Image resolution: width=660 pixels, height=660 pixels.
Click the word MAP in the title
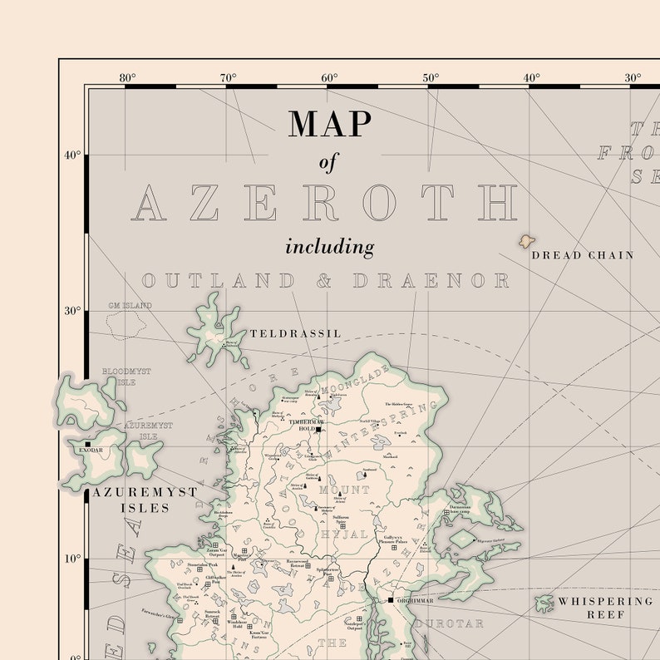330,123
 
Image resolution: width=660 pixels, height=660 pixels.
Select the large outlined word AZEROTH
324,203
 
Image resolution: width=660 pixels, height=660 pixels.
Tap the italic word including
330,247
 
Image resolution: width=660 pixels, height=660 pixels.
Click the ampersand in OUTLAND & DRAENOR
324,281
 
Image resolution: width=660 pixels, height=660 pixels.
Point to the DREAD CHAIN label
582,255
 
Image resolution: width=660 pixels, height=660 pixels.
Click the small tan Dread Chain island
526,241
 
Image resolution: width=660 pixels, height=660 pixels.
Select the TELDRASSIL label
295,333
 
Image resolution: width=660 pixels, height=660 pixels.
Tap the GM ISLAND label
130,306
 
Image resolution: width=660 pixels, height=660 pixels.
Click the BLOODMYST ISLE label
126,377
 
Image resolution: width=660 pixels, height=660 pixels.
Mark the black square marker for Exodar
86,444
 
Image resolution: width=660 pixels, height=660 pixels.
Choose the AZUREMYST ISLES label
145,499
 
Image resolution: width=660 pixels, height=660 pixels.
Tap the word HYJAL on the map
343,534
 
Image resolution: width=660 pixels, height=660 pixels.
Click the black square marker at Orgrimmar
390,599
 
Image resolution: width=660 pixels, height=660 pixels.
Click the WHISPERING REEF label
604,608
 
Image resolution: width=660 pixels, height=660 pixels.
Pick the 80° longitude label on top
127,78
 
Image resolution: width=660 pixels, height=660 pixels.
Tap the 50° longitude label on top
431,78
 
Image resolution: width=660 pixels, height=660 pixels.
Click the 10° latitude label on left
72,559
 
